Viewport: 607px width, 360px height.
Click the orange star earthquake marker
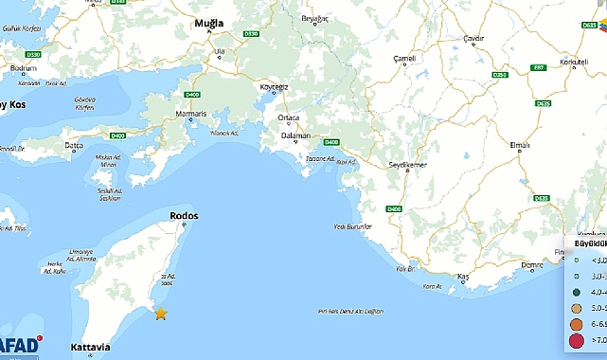[x=161, y=314]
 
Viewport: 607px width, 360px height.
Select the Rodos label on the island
[x=184, y=216]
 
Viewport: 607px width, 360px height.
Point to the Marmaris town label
[x=192, y=115]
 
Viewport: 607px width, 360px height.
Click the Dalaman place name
[x=296, y=135]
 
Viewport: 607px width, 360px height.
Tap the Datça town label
[x=73, y=145]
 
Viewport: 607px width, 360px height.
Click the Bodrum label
[x=22, y=69]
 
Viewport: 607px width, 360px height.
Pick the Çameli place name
[x=405, y=59]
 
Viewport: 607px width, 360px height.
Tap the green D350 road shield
[x=501, y=74]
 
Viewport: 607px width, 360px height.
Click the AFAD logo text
[x=21, y=346]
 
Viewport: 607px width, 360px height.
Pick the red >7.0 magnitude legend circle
[x=578, y=339]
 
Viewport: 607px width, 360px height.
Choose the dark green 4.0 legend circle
[x=578, y=292]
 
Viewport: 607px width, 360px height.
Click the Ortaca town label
[x=288, y=117]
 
